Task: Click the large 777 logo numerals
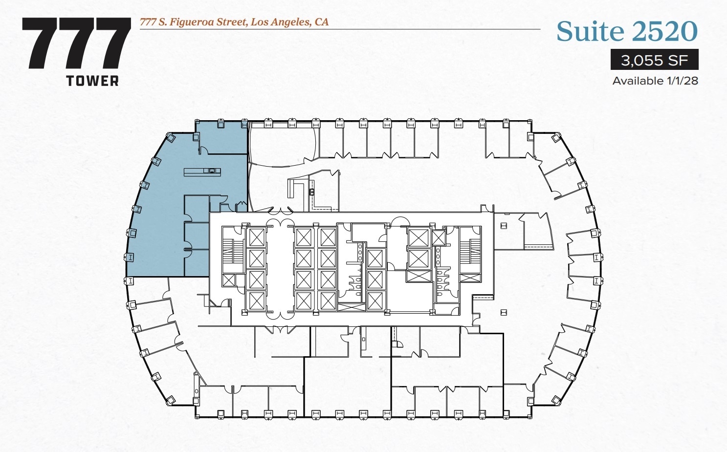click(x=77, y=43)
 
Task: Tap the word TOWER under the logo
click(x=92, y=81)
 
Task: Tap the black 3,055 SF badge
click(x=654, y=60)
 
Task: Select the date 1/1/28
click(x=683, y=81)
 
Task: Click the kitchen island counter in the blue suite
click(x=202, y=172)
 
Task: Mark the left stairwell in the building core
click(x=233, y=249)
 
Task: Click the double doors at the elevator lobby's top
click(x=279, y=211)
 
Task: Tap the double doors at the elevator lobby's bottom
click(x=279, y=329)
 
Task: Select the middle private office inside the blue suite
click(x=197, y=235)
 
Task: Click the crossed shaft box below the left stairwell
click(x=228, y=280)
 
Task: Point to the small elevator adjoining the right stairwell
click(x=439, y=238)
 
